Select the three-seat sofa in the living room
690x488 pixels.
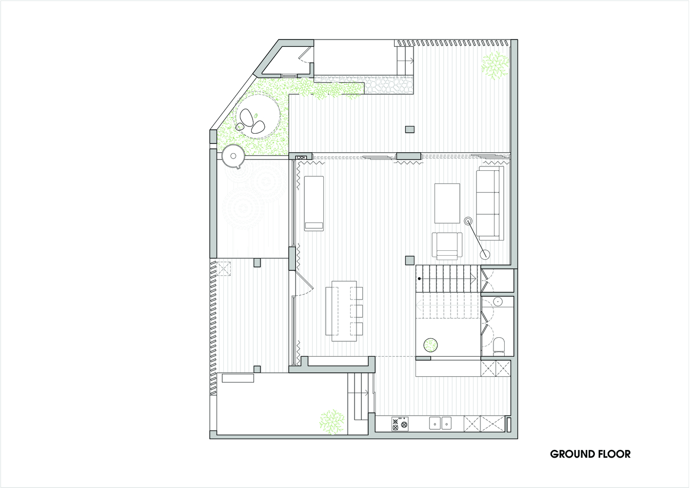pyautogui.click(x=490, y=203)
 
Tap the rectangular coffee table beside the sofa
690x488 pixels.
pyautogui.click(x=447, y=203)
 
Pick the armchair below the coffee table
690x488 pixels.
pyautogui.click(x=447, y=246)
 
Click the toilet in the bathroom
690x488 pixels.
pyautogui.click(x=499, y=345)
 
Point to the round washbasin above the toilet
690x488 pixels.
pyautogui.click(x=498, y=301)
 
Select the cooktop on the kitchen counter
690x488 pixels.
pyautogui.click(x=400, y=424)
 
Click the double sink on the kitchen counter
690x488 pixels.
pyautogui.click(x=440, y=423)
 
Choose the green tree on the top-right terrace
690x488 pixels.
pyautogui.click(x=495, y=65)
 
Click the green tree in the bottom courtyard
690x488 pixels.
pyautogui.click(x=332, y=422)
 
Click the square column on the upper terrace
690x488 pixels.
pyautogui.click(x=410, y=129)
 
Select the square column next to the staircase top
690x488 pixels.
pyautogui.click(x=410, y=260)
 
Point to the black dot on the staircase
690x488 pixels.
pyautogui.click(x=419, y=279)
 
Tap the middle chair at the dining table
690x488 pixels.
pyautogui.click(x=356, y=311)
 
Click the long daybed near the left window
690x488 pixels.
pyautogui.click(x=314, y=203)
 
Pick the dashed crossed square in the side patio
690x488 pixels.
pyautogui.click(x=224, y=268)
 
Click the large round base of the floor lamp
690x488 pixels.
pyautogui.click(x=485, y=254)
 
